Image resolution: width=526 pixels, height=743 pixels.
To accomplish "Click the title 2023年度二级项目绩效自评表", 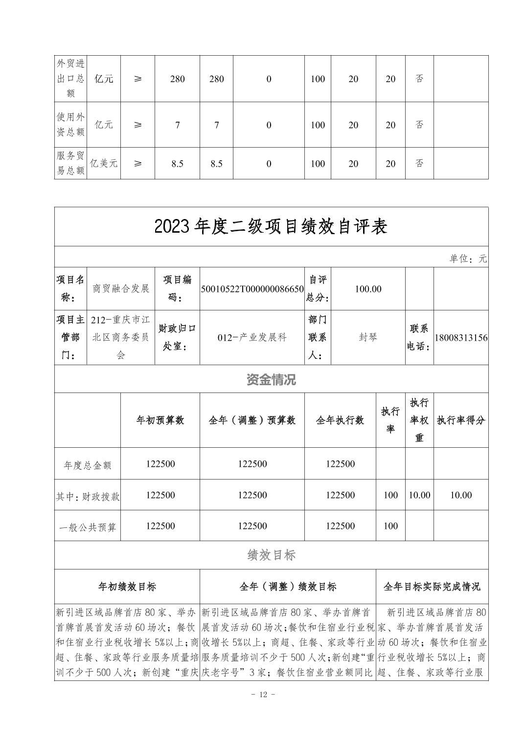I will [x=271, y=226].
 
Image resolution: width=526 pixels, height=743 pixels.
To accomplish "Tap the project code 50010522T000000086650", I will [x=252, y=289].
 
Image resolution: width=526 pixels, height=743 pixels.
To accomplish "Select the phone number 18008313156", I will [x=461, y=338].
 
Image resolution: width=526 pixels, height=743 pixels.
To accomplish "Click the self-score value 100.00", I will [x=368, y=289].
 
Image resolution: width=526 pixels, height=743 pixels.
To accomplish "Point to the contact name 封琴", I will [x=368, y=337].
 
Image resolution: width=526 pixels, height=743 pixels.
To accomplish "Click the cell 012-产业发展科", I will [x=252, y=337].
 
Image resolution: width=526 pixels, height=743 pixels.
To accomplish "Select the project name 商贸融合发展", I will [x=121, y=288].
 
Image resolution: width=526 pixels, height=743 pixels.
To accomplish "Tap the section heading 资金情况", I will [x=271, y=379].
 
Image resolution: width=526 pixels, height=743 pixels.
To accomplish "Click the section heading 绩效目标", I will [x=271, y=555].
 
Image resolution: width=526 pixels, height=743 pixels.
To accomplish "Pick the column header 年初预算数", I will [x=160, y=420].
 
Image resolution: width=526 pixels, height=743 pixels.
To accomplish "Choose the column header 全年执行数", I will [x=340, y=420].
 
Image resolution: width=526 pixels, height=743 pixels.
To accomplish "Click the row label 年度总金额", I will [x=88, y=464].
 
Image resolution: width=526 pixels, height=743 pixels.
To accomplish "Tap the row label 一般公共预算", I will [x=88, y=526].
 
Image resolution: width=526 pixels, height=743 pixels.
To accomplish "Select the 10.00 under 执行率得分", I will [x=461, y=495].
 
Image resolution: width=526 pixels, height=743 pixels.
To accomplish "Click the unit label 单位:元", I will [x=468, y=259].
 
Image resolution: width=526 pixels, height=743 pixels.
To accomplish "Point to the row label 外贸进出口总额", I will [x=70, y=78].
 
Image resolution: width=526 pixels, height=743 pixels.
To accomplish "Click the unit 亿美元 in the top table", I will [x=103, y=163].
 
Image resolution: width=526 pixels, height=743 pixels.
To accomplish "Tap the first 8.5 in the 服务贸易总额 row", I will [x=177, y=164].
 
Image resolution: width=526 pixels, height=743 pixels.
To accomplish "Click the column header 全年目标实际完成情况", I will [x=432, y=586].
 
